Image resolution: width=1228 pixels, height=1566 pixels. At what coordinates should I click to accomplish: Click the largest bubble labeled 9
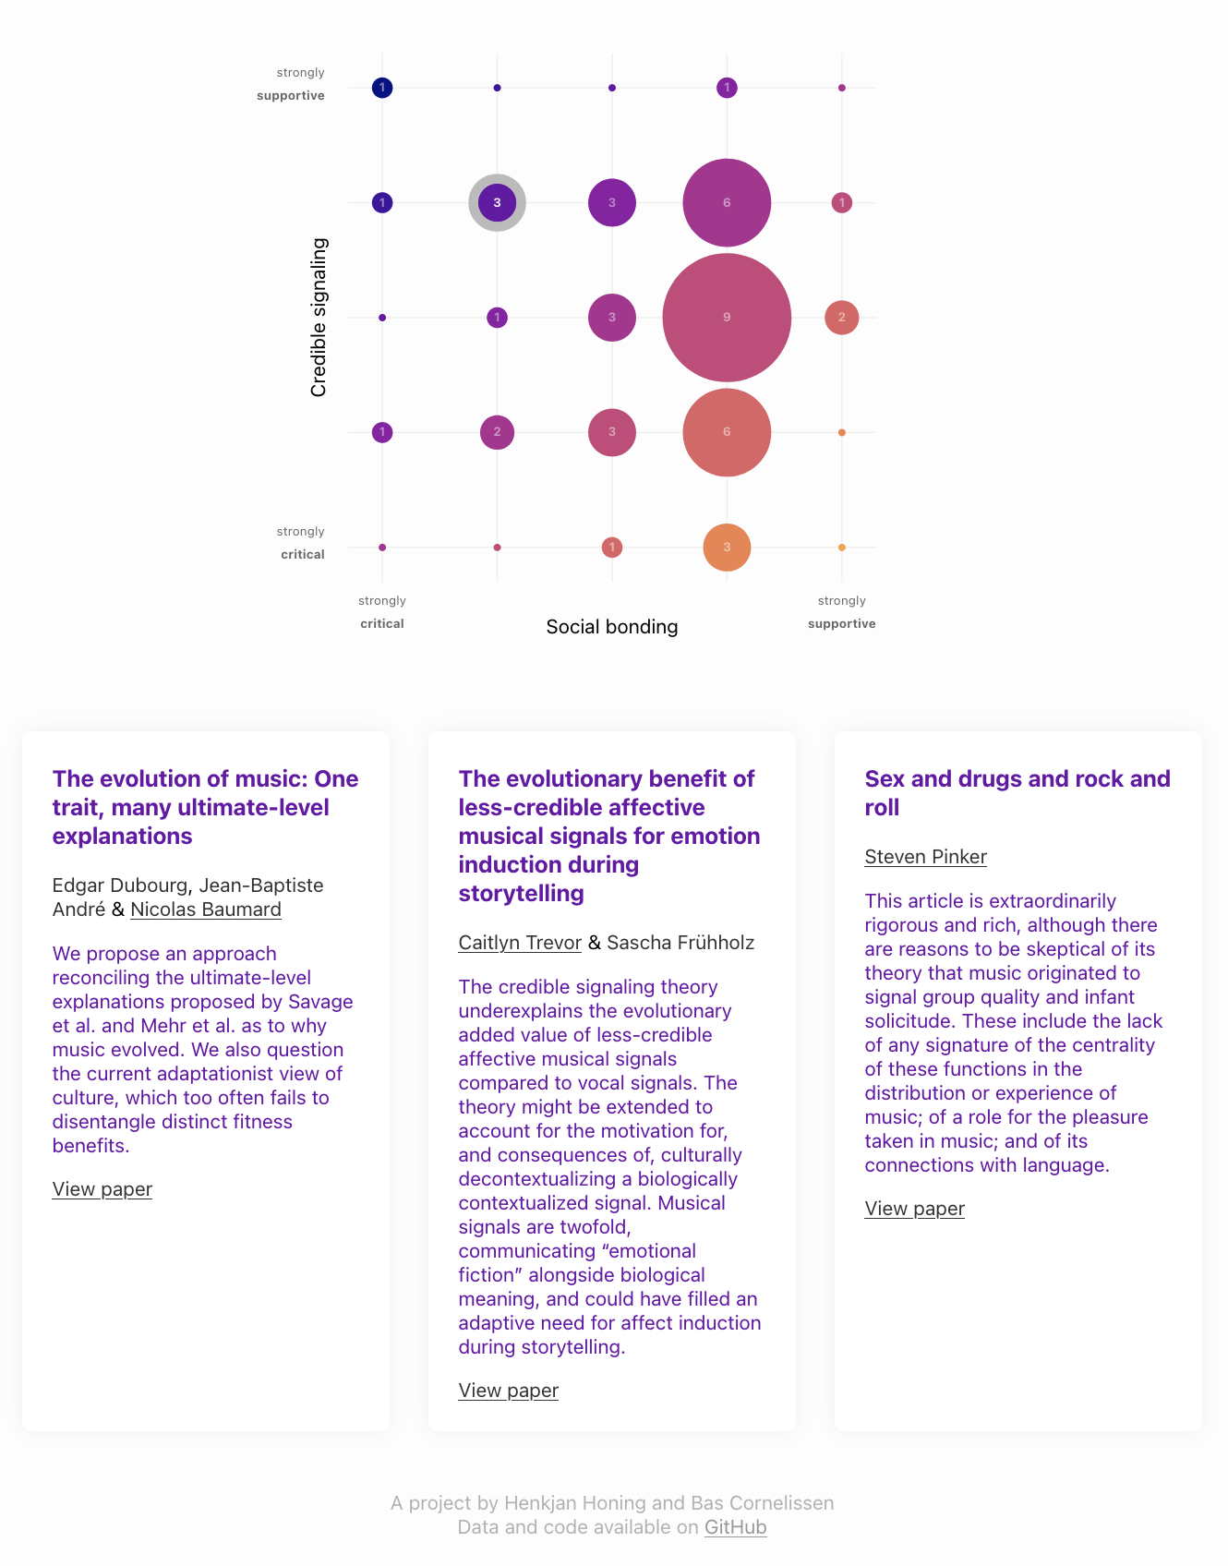point(727,318)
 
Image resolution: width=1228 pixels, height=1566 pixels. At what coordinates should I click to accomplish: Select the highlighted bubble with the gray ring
point(497,202)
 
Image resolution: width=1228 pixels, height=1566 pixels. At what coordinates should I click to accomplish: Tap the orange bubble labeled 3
point(727,548)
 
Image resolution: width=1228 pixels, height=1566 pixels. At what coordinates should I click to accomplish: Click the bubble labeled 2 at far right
point(841,318)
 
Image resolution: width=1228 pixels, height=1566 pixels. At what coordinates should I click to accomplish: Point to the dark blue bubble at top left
point(382,88)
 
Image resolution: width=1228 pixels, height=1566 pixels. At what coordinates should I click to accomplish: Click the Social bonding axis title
point(612,627)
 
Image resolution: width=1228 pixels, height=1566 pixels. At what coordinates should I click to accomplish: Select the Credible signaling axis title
point(319,318)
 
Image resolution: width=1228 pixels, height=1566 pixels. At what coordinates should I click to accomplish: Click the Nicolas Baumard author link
point(206,909)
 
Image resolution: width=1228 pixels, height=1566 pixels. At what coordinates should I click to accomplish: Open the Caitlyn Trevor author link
point(520,943)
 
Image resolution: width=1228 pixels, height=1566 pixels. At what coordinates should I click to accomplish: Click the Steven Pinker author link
point(926,857)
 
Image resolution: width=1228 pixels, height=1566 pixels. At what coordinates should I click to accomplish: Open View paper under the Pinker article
point(915,1209)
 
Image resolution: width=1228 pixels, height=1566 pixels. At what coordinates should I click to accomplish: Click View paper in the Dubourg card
point(102,1189)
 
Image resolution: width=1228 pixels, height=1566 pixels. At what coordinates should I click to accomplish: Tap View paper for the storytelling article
point(509,1391)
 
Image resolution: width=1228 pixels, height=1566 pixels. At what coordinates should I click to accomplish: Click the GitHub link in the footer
point(736,1527)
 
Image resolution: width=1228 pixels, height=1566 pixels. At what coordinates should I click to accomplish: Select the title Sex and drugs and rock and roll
point(1017,793)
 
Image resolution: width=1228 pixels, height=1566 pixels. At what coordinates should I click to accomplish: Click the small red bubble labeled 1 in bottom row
point(611,548)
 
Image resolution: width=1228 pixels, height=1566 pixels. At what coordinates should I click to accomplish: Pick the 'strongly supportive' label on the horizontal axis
point(842,612)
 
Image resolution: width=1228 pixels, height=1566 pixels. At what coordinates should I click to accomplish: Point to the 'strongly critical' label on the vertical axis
point(301,543)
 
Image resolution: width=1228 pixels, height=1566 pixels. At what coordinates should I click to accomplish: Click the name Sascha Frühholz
point(680,943)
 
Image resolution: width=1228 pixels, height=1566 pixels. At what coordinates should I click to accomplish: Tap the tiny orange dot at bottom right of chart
point(841,548)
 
